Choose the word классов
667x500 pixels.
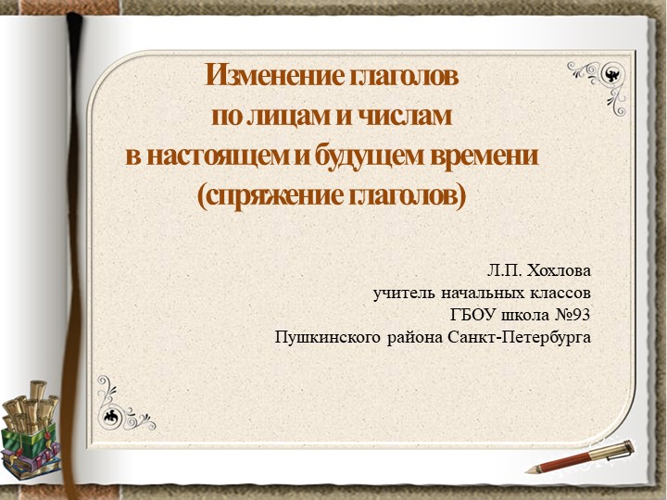point(561,294)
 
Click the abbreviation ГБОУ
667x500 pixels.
point(472,315)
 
